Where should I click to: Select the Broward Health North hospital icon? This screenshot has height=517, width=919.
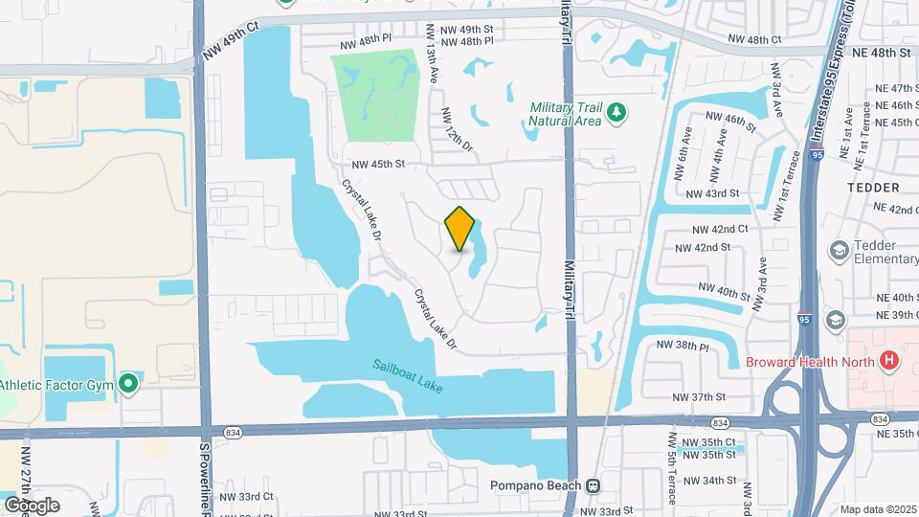pyautogui.click(x=890, y=361)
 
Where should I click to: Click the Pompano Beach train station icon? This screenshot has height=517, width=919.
pyautogui.click(x=594, y=485)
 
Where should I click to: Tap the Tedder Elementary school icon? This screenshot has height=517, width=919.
pyautogui.click(x=840, y=250)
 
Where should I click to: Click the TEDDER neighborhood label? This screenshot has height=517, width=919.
pyautogui.click(x=872, y=188)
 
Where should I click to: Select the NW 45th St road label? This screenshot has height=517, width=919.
pyautogui.click(x=377, y=165)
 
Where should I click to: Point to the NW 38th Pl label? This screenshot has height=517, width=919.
pyautogui.click(x=682, y=347)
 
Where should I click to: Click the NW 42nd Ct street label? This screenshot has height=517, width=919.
pyautogui.click(x=722, y=230)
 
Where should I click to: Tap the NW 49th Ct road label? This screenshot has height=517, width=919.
pyautogui.click(x=231, y=43)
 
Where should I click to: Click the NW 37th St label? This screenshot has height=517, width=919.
pyautogui.click(x=700, y=396)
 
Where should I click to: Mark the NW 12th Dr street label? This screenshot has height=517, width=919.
pyautogui.click(x=457, y=128)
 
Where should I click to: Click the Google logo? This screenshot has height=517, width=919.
pyautogui.click(x=33, y=505)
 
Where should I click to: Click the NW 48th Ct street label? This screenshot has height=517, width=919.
pyautogui.click(x=754, y=39)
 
